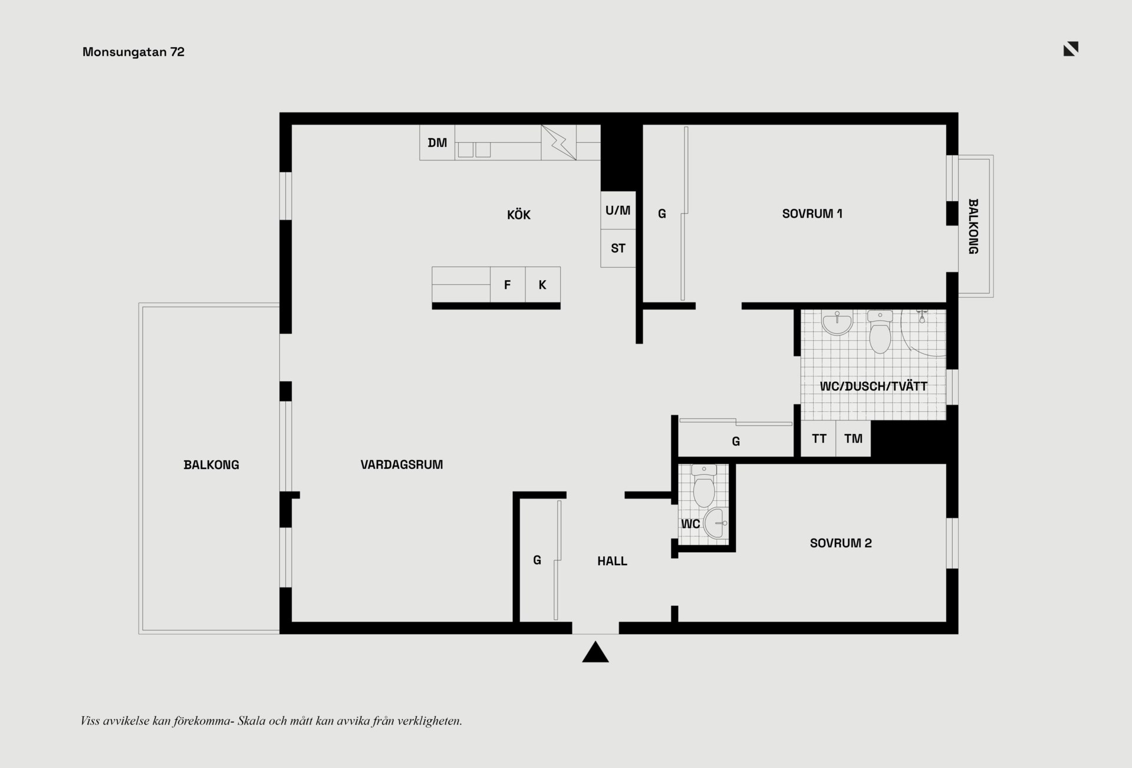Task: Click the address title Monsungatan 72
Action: click(133, 52)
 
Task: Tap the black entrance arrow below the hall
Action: click(595, 652)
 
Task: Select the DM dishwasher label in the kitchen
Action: click(437, 143)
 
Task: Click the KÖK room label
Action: click(519, 215)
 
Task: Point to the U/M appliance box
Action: click(618, 210)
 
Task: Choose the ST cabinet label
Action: click(618, 248)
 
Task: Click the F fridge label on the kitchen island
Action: click(507, 285)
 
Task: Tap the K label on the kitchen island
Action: click(542, 285)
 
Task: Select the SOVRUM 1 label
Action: click(812, 214)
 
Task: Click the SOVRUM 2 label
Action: click(841, 543)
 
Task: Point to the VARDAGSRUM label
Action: click(402, 465)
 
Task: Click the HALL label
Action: click(612, 561)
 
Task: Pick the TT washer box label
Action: click(819, 438)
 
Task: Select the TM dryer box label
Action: click(853, 438)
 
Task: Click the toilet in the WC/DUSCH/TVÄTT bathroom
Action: click(880, 332)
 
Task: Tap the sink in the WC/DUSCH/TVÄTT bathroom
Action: click(837, 323)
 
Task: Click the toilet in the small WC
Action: click(704, 486)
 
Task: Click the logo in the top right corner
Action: click(1071, 49)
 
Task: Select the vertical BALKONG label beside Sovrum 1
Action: click(973, 227)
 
